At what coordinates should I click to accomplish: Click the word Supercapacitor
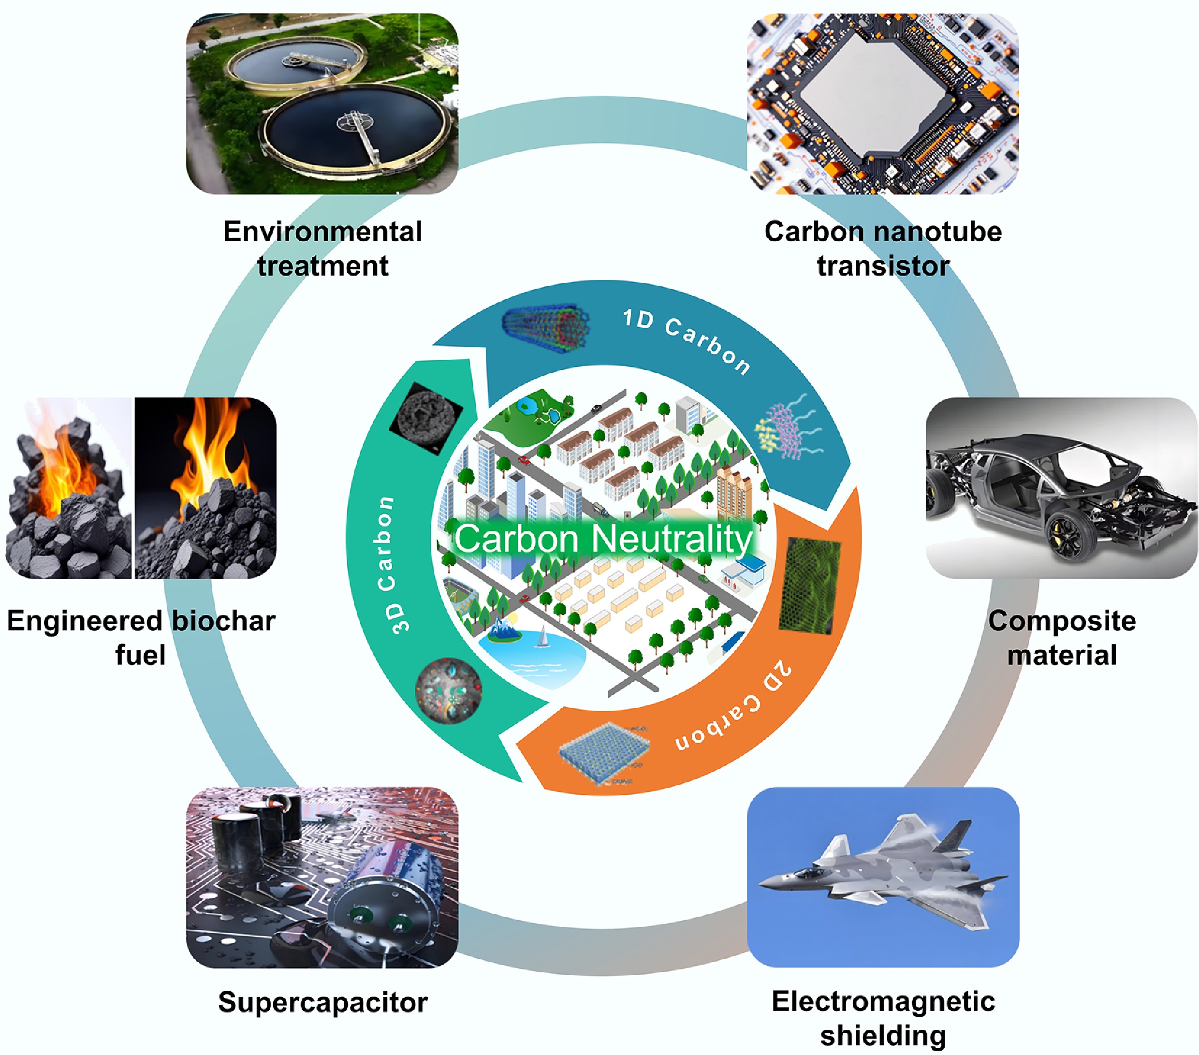pos(322,1002)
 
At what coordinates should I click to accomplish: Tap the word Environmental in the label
pos(322,231)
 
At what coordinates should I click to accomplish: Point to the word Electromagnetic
pos(883,1001)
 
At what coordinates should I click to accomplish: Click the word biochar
pos(223,620)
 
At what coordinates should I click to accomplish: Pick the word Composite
pos(1062,620)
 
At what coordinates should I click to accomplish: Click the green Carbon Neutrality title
pos(603,539)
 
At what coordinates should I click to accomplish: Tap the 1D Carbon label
pos(687,340)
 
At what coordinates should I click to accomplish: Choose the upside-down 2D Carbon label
pos(733,707)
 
